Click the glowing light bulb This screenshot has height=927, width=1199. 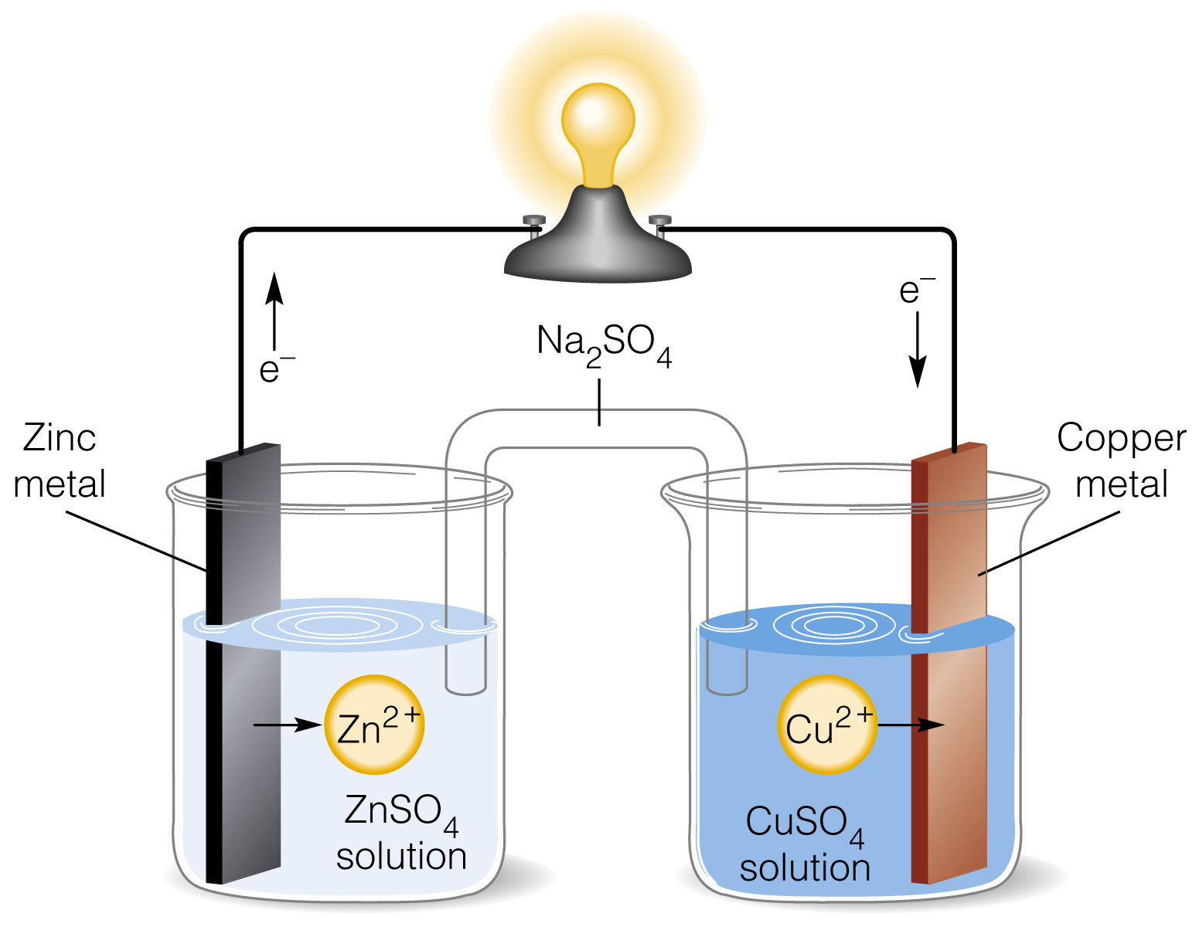(x=598, y=131)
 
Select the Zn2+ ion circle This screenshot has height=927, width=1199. (x=374, y=725)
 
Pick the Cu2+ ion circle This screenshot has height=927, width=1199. (x=826, y=725)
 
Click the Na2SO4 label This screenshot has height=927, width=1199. (x=604, y=344)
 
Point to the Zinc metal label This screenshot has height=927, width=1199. (x=60, y=461)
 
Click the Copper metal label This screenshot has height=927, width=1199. (x=1121, y=461)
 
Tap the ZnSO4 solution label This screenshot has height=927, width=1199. (x=401, y=834)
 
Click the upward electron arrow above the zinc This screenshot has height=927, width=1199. (x=274, y=309)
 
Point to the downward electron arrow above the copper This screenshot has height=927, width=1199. (x=917, y=348)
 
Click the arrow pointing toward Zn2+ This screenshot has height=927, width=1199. (x=287, y=725)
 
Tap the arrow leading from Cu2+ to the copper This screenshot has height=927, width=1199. (x=912, y=725)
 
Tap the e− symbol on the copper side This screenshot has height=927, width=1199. (x=916, y=290)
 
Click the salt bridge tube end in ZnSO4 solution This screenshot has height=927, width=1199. (x=465, y=680)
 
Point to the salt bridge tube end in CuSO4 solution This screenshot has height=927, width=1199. (x=727, y=680)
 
